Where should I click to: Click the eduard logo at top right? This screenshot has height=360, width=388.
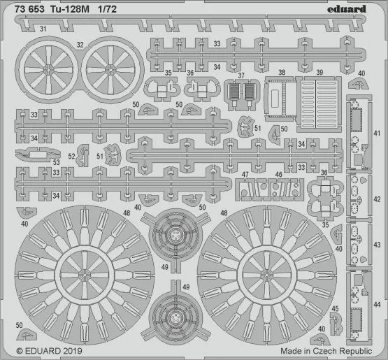[357, 8]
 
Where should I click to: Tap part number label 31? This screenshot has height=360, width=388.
[43, 29]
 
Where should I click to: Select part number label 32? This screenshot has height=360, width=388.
[81, 44]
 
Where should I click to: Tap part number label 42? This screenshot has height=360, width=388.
[376, 197]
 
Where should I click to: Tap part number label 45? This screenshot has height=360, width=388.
[335, 308]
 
